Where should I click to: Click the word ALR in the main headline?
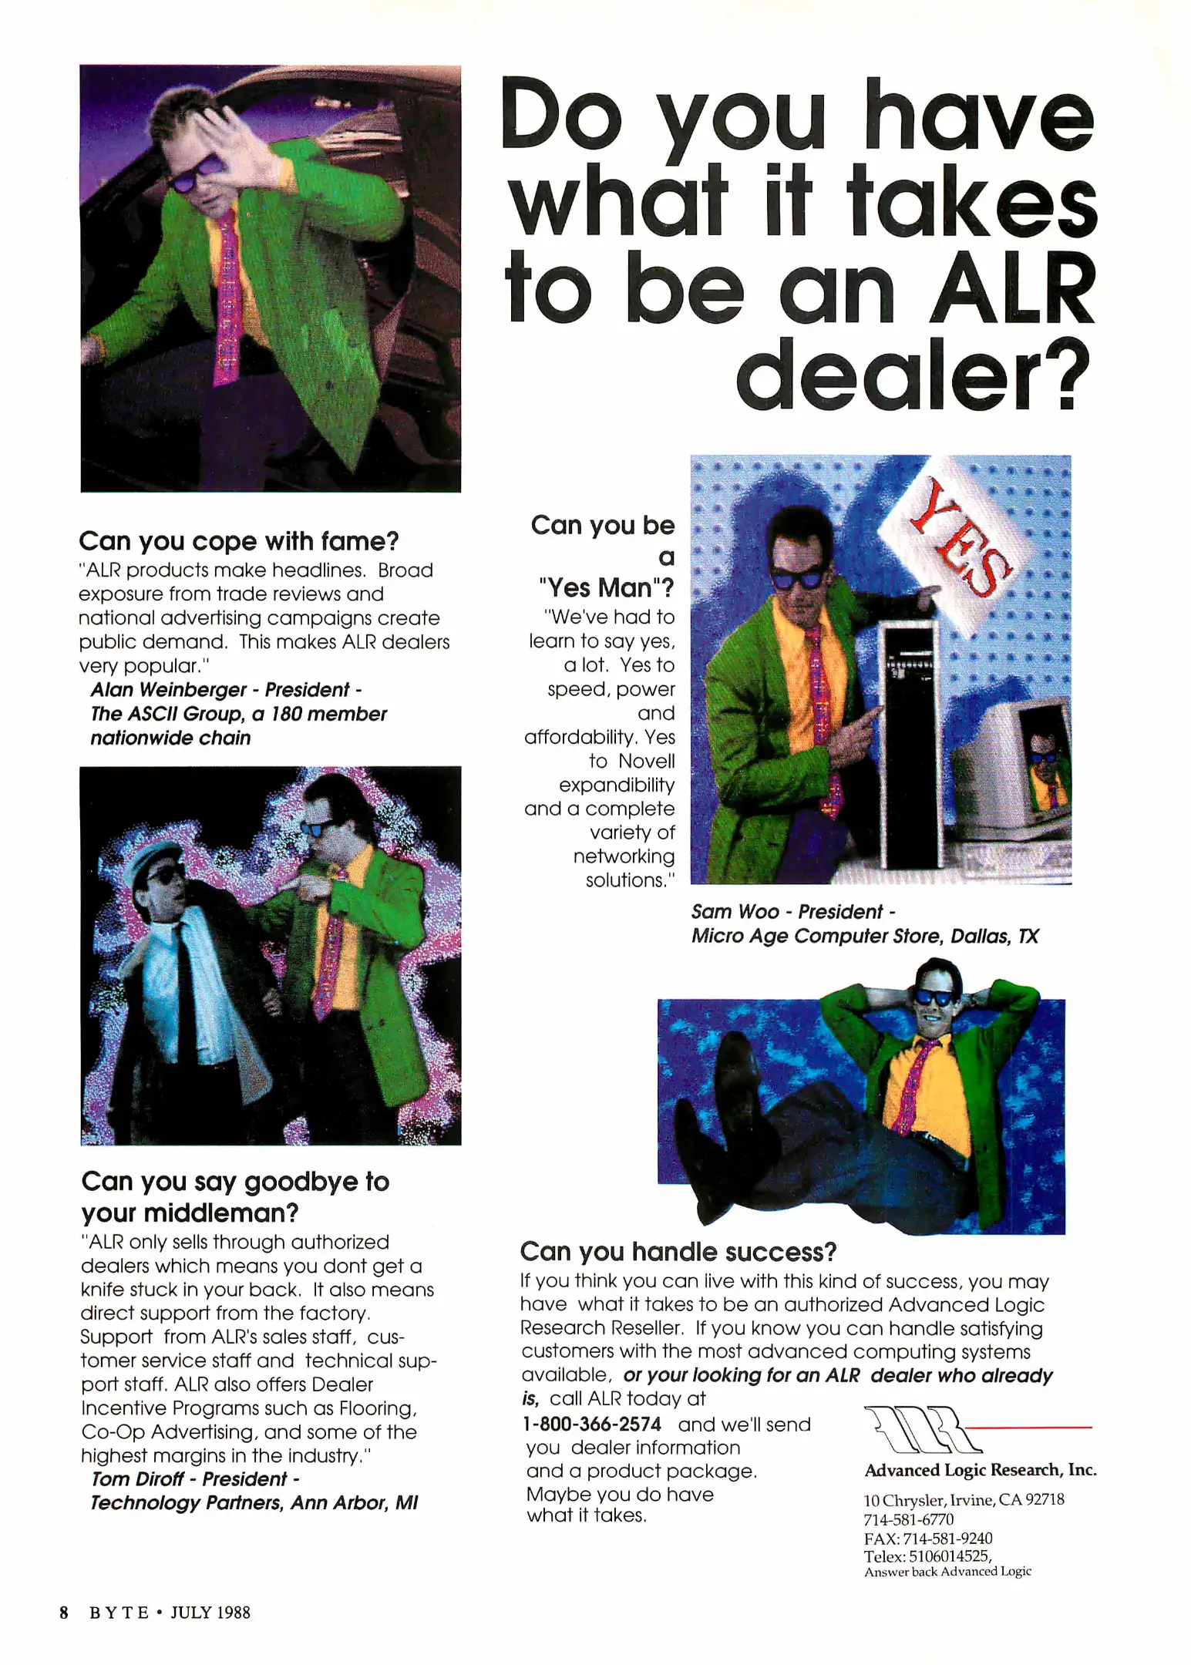pos(1012,288)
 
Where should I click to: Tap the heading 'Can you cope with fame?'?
pos(239,541)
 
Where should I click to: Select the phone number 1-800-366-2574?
pos(592,1424)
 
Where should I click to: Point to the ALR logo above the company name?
pos(917,1430)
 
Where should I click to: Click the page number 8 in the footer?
pos(64,1613)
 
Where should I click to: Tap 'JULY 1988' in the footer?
pos(210,1613)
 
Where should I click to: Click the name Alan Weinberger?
pos(169,689)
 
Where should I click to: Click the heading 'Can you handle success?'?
pos(678,1252)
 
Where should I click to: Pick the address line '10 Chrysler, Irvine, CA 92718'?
pos(964,1500)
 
